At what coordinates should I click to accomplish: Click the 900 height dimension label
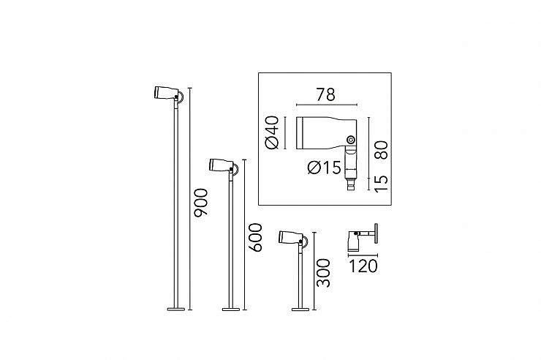[x=201, y=202]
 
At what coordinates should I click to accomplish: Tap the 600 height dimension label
[x=256, y=238]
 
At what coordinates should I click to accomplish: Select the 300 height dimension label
[x=324, y=273]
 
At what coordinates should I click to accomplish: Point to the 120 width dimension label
[x=363, y=266]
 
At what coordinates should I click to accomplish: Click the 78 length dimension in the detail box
[x=326, y=94]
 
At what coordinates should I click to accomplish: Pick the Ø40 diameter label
[x=272, y=132]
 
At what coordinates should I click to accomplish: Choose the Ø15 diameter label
[x=325, y=168]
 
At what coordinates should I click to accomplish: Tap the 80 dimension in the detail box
[x=381, y=150]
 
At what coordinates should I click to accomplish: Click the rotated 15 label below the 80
[x=381, y=183]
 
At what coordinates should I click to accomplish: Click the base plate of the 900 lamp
[x=176, y=310]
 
